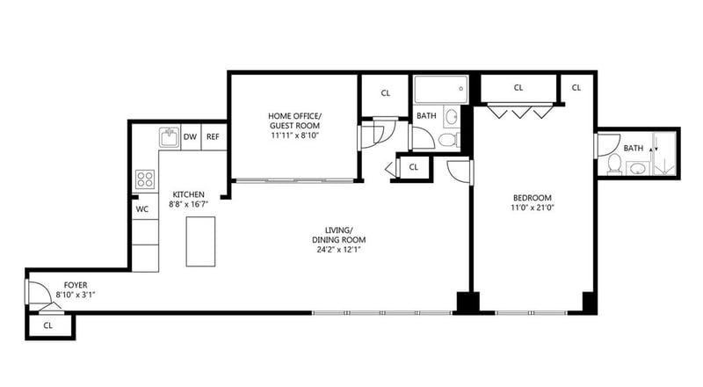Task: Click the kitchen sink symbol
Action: (170, 137)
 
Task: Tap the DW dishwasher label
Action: (190, 136)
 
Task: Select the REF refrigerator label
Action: (213, 136)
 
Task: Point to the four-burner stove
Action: (145, 179)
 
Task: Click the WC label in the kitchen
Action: (142, 209)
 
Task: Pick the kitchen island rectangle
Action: (200, 242)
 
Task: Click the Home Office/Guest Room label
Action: (294, 120)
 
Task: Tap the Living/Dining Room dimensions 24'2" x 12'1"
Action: (339, 250)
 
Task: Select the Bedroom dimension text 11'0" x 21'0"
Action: (533, 208)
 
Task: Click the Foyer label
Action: (76, 285)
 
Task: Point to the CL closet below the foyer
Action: (48, 326)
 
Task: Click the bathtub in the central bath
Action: (441, 90)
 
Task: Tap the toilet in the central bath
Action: (447, 140)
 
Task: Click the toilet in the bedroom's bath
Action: (614, 164)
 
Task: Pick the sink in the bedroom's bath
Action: (637, 169)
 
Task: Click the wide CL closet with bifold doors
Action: (518, 89)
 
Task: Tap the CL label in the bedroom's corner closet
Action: (576, 88)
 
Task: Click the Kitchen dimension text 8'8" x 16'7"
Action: (188, 204)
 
